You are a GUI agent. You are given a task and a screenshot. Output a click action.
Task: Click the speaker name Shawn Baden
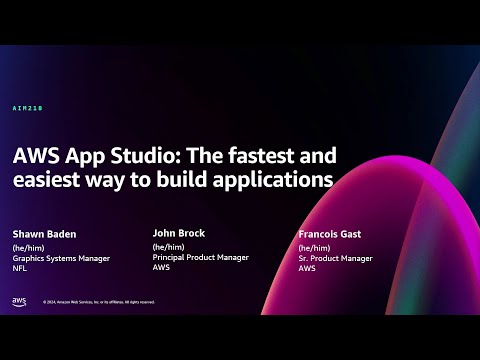click(44, 236)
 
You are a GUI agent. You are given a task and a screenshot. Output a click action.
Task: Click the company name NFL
click(19, 268)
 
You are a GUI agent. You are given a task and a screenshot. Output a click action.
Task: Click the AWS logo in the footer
click(19, 301)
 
